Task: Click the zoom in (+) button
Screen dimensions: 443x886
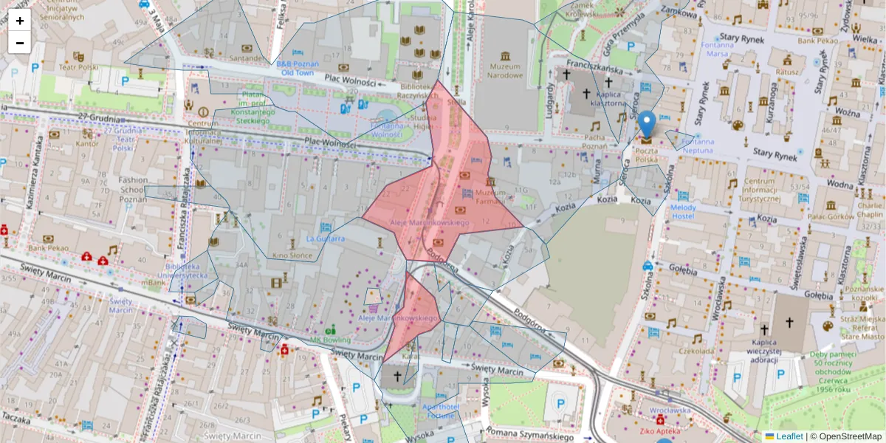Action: pyautogui.click(x=20, y=21)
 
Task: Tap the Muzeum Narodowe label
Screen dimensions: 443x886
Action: pyautogui.click(x=505, y=71)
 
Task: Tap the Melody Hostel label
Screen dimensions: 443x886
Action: pyautogui.click(x=683, y=211)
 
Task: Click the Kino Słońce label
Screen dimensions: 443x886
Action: pyautogui.click(x=293, y=255)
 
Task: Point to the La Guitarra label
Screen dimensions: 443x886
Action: pyautogui.click(x=326, y=238)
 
